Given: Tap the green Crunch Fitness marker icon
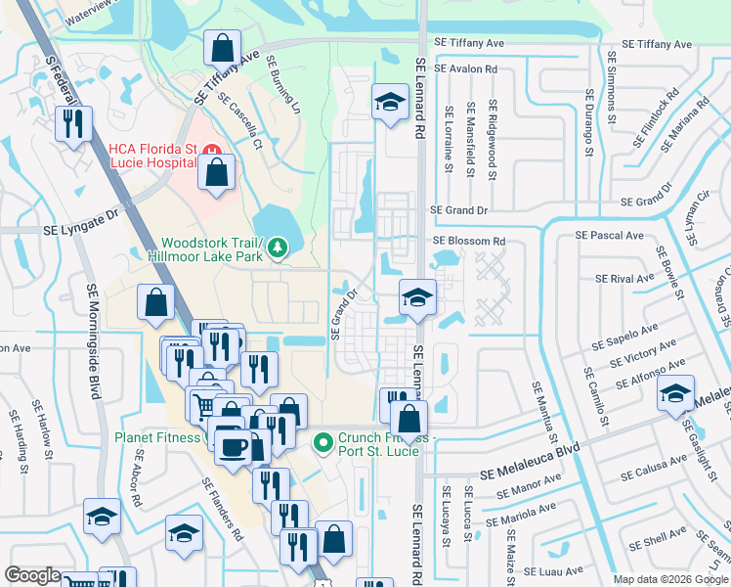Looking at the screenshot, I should click(x=324, y=444).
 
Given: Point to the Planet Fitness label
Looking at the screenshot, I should click(x=158, y=437).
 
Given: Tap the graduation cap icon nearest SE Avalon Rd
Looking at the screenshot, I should click(x=389, y=101).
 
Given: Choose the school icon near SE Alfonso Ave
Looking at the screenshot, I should click(x=675, y=392).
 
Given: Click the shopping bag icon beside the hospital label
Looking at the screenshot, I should click(x=216, y=174).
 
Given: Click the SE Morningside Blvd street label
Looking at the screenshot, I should click(x=94, y=341).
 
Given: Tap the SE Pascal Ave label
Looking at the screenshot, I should click(x=609, y=235).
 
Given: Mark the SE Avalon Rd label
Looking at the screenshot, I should click(x=465, y=69).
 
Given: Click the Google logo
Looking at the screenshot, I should click(x=32, y=575).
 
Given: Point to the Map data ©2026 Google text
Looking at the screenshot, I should click(x=669, y=579).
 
